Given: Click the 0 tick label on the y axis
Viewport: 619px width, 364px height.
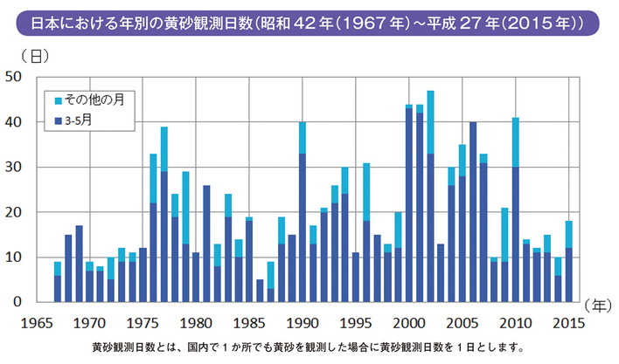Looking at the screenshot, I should point(17,302).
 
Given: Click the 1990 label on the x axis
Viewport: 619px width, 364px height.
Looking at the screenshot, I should point(303,320).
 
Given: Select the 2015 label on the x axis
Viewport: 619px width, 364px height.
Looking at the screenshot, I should point(569,320).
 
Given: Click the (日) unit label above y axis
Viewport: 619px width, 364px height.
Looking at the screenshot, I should point(24,56).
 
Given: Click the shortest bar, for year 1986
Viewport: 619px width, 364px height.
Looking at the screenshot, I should point(260,291).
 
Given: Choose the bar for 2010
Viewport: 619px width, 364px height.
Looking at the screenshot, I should point(516,209).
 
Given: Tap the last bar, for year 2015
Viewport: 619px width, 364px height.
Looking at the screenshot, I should point(569,262).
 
